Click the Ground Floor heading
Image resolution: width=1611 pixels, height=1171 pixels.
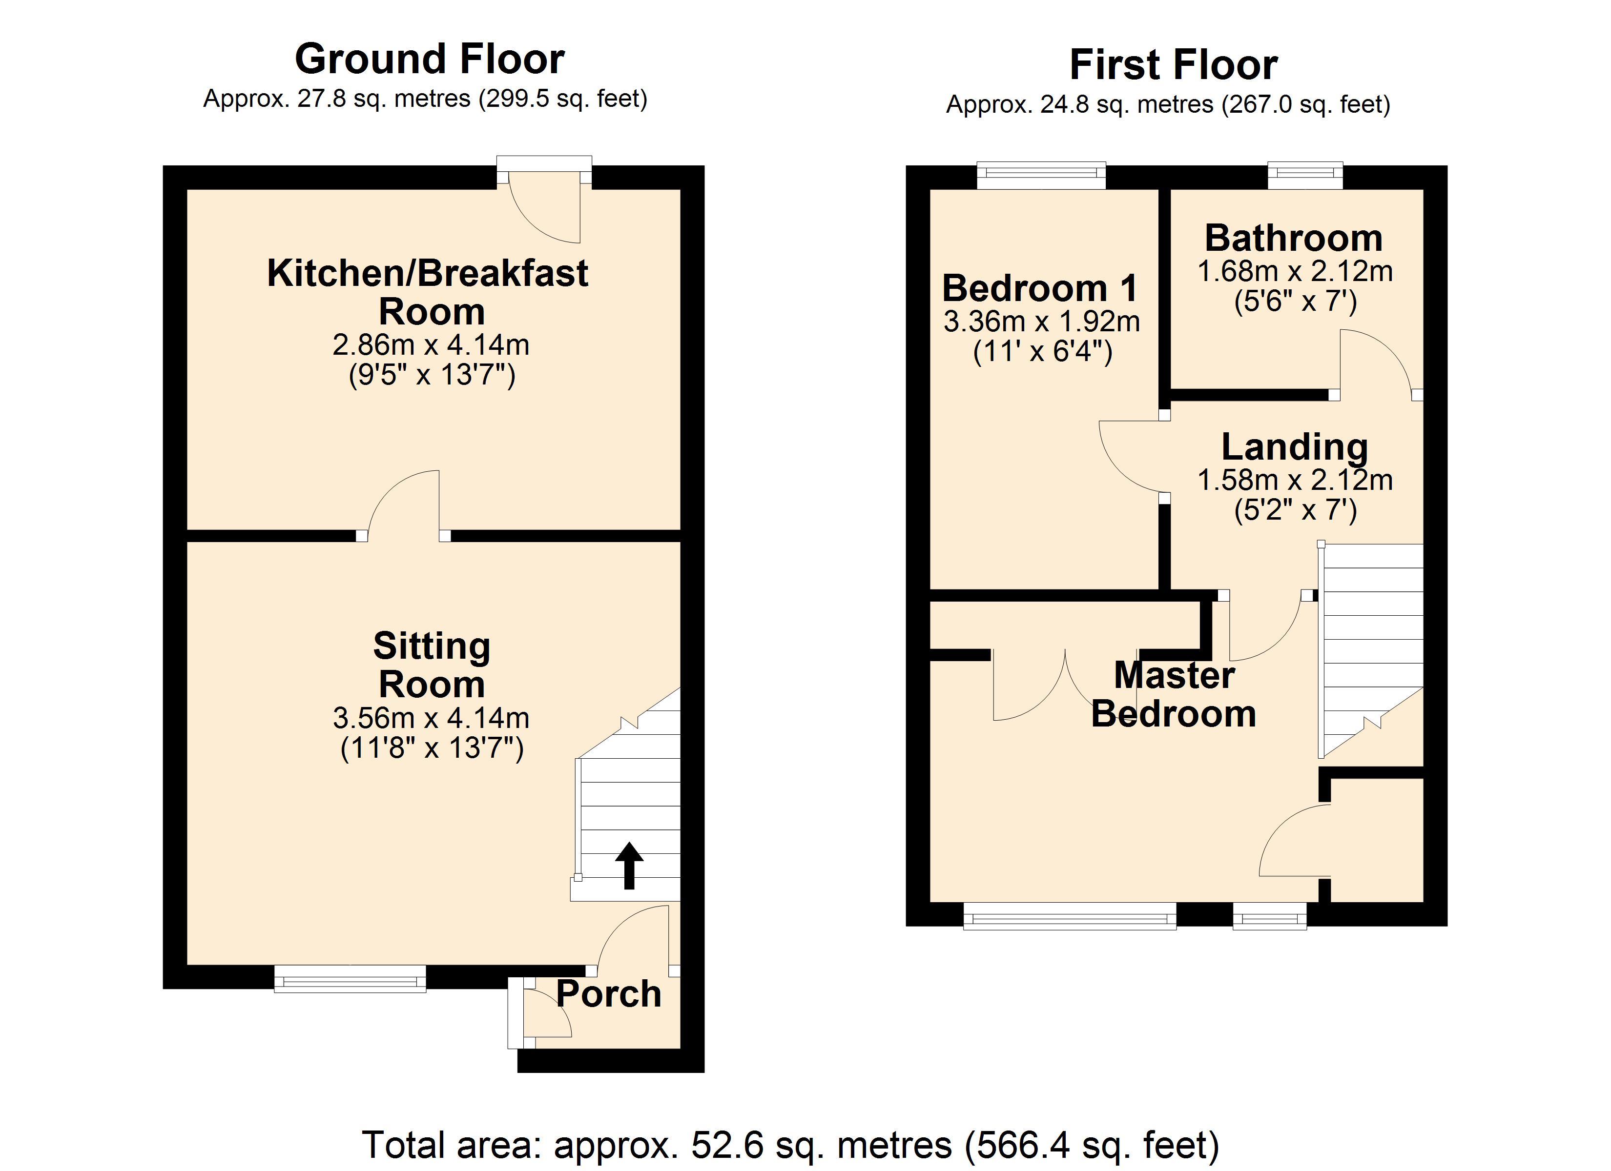click(x=429, y=59)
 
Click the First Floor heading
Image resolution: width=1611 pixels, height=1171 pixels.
click(x=1174, y=65)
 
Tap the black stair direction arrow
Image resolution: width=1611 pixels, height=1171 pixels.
click(x=629, y=865)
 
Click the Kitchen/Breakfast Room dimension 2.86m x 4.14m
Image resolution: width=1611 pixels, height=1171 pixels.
click(x=431, y=345)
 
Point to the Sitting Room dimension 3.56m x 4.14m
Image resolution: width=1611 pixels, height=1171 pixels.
click(x=431, y=719)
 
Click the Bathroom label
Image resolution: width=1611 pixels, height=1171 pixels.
click(x=1294, y=238)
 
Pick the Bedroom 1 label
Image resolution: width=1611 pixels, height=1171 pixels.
click(x=1040, y=288)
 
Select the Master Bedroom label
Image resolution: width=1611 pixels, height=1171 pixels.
click(x=1174, y=694)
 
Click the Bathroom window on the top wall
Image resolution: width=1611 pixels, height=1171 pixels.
click(x=1305, y=175)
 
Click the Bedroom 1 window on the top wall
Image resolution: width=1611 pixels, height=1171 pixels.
click(x=1041, y=175)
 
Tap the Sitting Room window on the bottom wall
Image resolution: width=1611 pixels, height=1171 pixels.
click(x=350, y=978)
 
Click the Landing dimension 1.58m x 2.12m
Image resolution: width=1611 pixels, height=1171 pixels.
click(x=1295, y=481)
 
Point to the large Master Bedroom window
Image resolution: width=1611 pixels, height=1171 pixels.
click(x=1070, y=916)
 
